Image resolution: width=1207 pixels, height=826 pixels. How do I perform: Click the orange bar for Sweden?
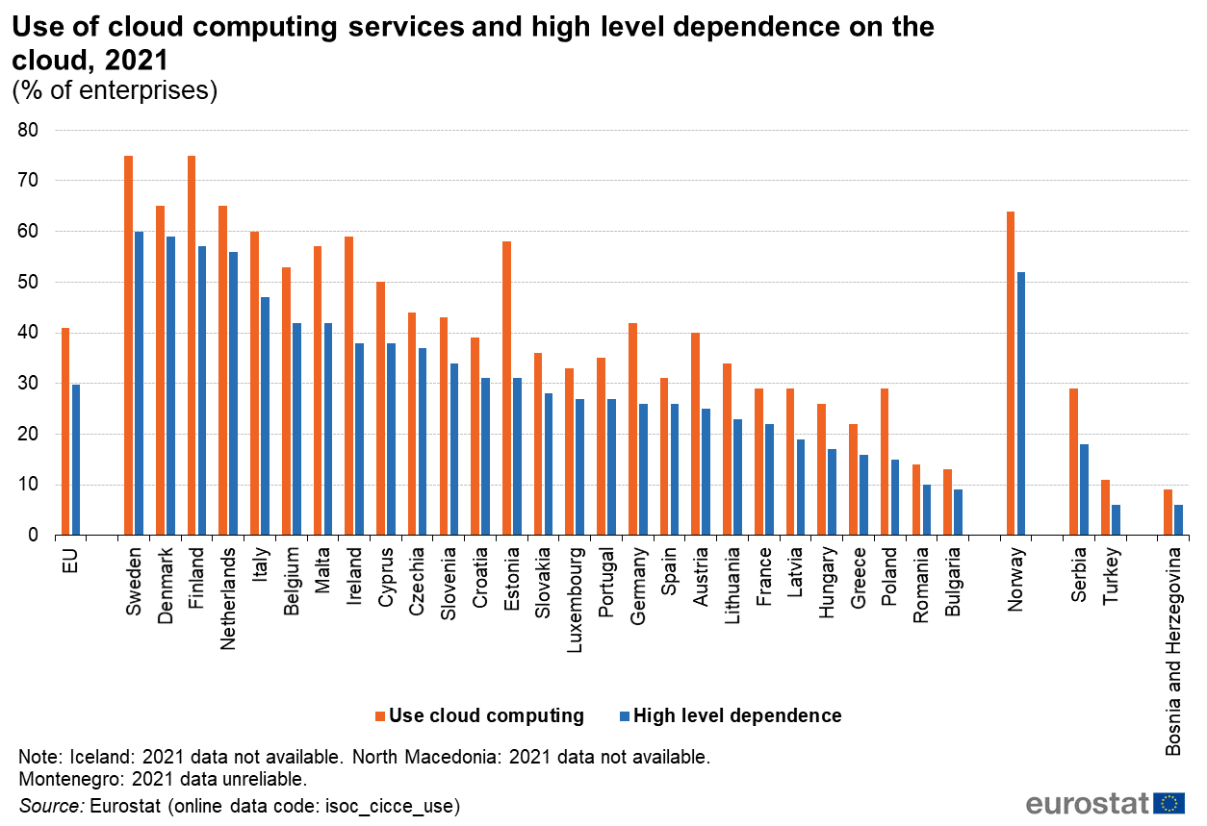[128, 345]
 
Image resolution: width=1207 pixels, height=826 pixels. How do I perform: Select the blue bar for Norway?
[1021, 404]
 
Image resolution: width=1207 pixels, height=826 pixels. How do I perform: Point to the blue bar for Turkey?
[1116, 520]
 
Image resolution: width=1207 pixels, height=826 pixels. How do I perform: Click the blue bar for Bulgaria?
[958, 513]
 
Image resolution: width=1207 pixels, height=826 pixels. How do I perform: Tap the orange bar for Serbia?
[1074, 462]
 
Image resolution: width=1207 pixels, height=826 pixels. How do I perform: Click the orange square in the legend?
[380, 716]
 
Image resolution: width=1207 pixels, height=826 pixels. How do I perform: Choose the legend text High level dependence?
[737, 715]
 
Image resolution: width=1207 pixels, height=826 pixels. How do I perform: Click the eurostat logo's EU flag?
[1169, 804]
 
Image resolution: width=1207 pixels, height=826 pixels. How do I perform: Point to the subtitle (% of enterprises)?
[115, 90]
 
